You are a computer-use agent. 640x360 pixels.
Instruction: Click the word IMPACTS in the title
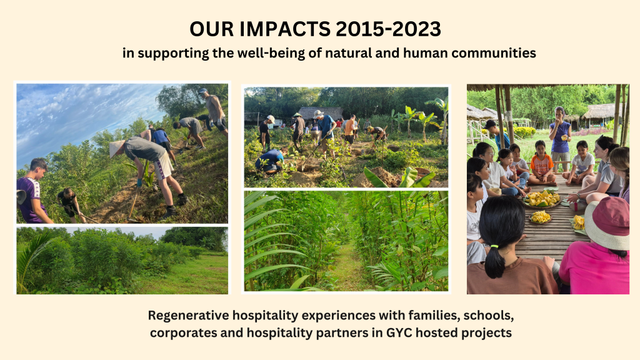tap(285, 29)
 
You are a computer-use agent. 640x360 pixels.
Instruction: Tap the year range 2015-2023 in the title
tap(388, 29)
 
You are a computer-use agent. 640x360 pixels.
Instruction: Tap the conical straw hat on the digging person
tap(117, 147)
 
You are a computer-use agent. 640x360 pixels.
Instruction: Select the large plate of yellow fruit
tap(542, 199)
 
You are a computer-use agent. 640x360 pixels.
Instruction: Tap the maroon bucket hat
tap(608, 223)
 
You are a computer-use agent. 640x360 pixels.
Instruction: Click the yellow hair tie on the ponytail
tap(494, 246)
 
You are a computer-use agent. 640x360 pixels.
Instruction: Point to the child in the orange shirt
tap(542, 163)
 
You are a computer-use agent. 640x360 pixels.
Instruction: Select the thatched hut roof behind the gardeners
tap(321, 113)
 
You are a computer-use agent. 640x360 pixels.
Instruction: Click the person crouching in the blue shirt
tap(269, 161)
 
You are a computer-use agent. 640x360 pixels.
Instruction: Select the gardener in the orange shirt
tap(350, 130)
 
